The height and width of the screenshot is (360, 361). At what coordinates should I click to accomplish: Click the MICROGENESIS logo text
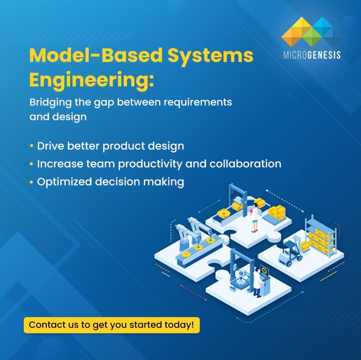coord(311,56)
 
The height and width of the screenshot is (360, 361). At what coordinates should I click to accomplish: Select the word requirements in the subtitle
coord(197,102)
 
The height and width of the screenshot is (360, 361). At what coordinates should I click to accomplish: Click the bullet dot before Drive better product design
coord(31,146)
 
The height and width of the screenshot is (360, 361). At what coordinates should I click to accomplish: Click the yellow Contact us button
coord(111,325)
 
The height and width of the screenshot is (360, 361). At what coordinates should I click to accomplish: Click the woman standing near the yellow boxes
coord(254,219)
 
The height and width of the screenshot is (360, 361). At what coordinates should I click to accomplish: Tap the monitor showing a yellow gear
coord(265,271)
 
